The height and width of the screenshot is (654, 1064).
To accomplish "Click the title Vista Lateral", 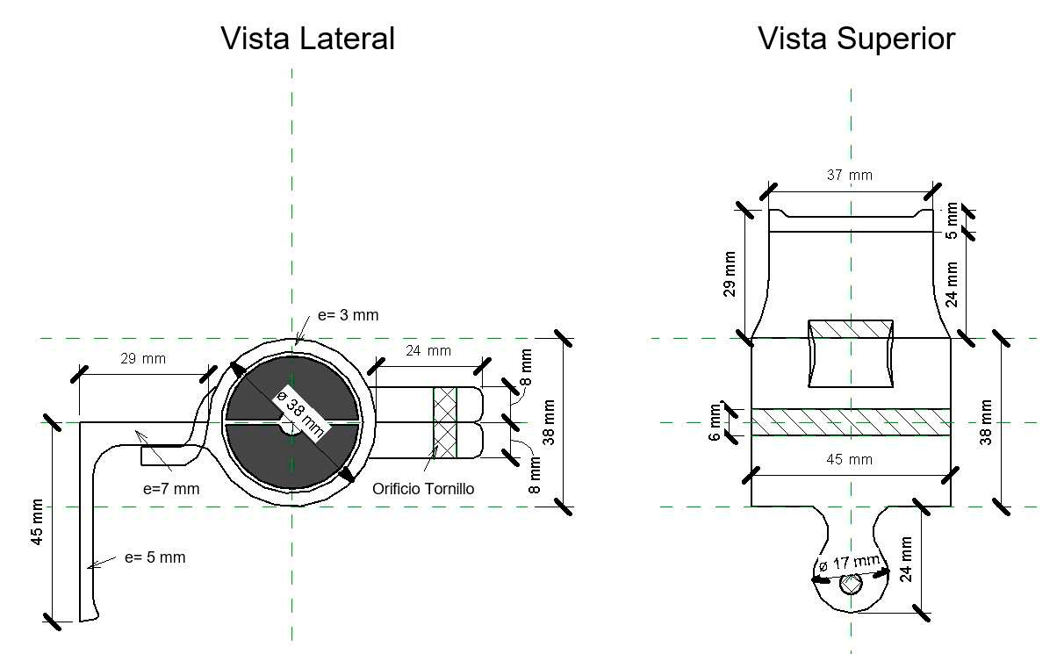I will coord(307,39).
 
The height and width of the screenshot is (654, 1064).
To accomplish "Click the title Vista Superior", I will coord(856,39).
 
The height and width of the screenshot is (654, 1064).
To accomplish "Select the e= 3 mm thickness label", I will coord(349,314).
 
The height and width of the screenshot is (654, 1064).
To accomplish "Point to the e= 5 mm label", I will coord(155,557).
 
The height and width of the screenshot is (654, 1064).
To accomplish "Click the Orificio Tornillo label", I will coord(423,489).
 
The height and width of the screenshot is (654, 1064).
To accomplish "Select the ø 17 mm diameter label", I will coord(848,564).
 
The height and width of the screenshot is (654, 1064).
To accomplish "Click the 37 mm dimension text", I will coord(851,175).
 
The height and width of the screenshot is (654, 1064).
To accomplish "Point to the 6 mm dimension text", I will coord(715,422).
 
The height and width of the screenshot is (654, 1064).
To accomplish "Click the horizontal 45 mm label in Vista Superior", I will coord(851,459).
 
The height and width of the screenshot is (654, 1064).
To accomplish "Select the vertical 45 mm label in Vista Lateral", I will coord(37,524).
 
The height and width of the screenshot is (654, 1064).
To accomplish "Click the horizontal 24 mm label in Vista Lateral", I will coord(428,351).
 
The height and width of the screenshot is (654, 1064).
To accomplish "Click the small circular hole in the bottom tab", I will coord(850,583).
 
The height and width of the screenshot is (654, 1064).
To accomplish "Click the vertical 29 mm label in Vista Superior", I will coord(730,274).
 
